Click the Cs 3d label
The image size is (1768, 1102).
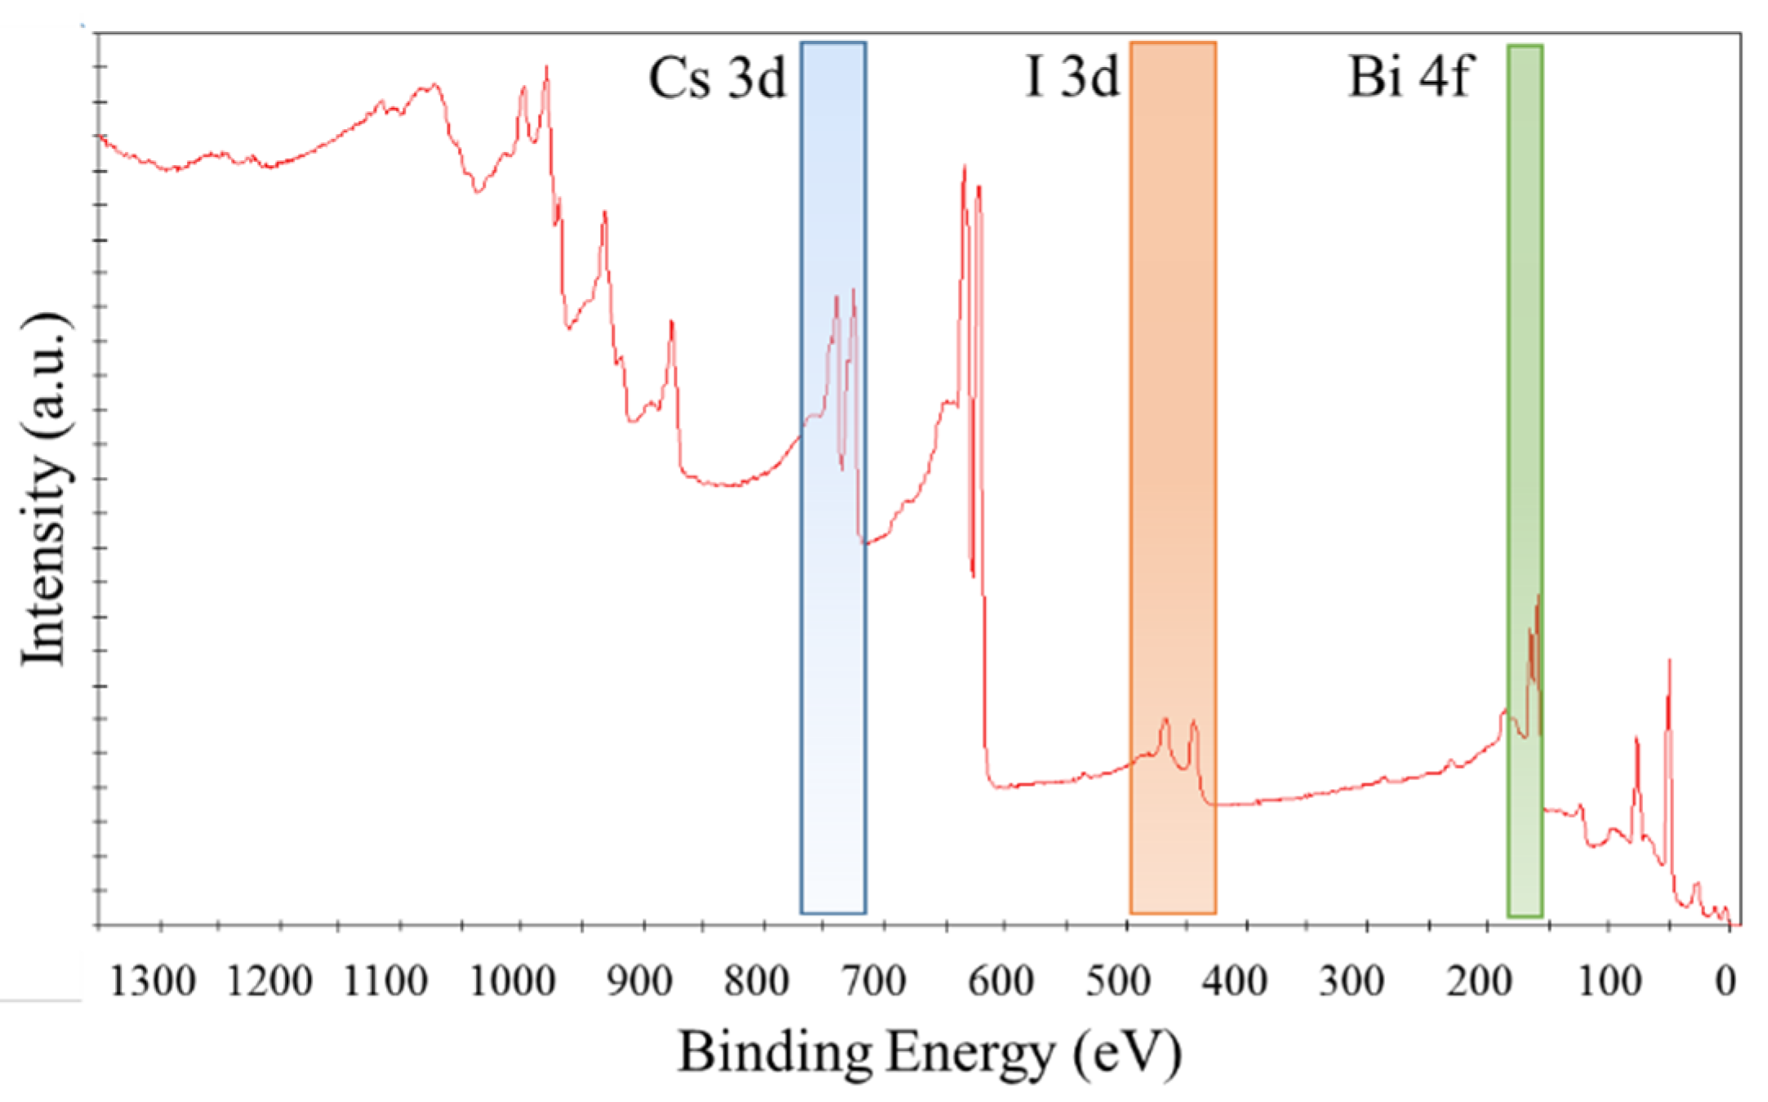coord(716,79)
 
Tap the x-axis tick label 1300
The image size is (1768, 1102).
coord(153,980)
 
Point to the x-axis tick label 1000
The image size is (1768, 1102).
coord(513,980)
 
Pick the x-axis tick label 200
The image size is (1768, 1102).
coord(1477,980)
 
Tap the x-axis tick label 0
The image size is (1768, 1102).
coord(1725,980)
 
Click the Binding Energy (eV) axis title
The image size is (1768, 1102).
coord(929,1053)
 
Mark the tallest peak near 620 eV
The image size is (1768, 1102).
coord(964,168)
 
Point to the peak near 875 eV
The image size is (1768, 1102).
coord(671,322)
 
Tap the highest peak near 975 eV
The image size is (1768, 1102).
coord(546,69)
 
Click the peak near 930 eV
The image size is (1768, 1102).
coord(604,213)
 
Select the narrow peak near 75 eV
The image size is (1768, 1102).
coord(1636,739)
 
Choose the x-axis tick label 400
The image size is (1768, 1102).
coord(1235,980)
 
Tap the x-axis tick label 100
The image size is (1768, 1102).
coord(1609,980)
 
